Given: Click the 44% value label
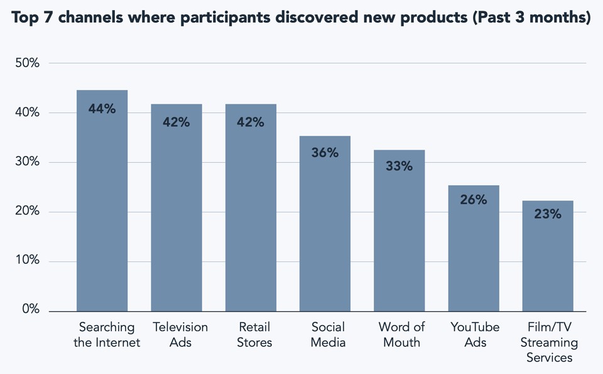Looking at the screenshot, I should coord(102,109).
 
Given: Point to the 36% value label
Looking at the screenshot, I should coord(325,153).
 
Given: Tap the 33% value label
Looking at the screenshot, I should coord(399,167).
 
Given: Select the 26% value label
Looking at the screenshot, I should coord(474,200).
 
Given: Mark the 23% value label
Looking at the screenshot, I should coord(548,214).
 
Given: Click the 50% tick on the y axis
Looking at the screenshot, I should coord(27,63).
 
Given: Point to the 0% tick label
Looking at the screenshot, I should coord(30,310).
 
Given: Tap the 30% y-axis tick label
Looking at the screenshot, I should coord(27,162).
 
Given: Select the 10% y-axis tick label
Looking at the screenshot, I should coord(27,261).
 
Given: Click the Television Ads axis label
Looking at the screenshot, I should coord(180,335).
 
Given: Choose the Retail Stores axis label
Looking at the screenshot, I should coord(255,335).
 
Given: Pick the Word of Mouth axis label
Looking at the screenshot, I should coord(402,335).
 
